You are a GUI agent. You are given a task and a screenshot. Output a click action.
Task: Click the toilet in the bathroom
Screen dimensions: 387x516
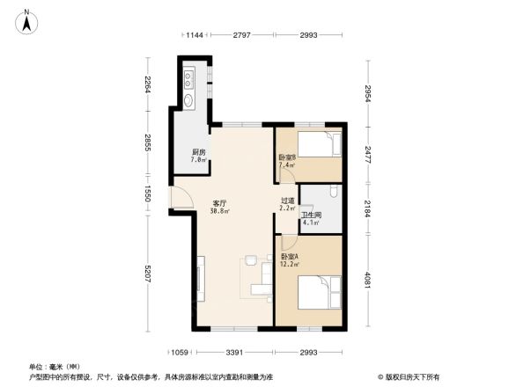(x=332, y=193)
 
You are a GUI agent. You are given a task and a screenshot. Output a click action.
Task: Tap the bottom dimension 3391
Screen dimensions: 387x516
(x=235, y=353)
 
